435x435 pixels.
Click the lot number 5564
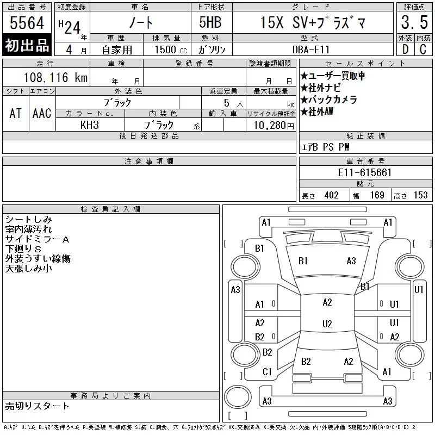tap(27, 23)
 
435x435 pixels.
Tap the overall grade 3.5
tap(414, 22)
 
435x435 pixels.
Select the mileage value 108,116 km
tap(55, 77)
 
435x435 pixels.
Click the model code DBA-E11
tap(311, 49)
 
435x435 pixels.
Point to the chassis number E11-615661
tap(364, 172)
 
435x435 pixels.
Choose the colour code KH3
tap(90, 125)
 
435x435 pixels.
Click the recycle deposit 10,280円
tap(274, 126)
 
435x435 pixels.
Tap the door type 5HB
tap(210, 22)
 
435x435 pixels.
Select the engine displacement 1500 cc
tap(171, 49)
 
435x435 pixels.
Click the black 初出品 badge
tap(27, 45)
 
